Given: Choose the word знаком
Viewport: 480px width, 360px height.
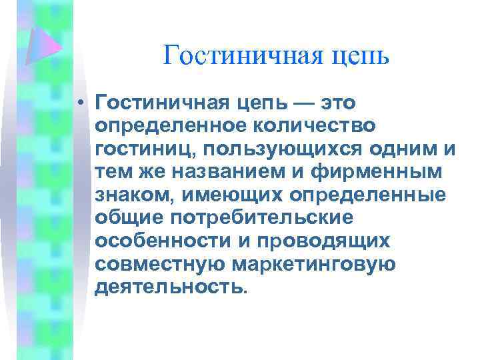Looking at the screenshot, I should point(135,194).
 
